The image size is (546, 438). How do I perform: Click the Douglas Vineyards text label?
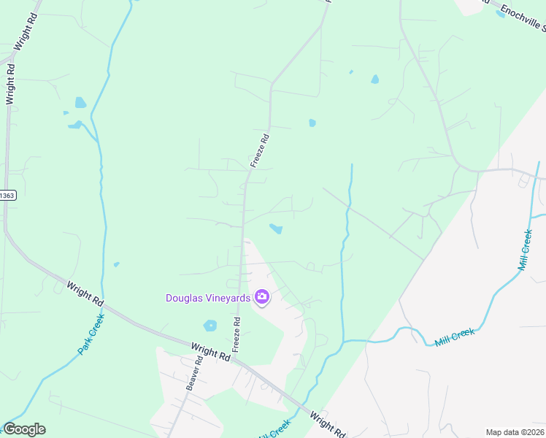208,298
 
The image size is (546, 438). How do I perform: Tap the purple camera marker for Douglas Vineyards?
261,296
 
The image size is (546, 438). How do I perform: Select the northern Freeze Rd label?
260,150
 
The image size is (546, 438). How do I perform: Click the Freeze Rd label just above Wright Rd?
237,334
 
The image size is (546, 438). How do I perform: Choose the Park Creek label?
91,334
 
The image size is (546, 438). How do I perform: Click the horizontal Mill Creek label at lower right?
454,337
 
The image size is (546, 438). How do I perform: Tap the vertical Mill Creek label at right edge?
525,250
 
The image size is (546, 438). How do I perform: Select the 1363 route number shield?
7,196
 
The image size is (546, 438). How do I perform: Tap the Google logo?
24,429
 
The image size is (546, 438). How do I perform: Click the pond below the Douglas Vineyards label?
211,326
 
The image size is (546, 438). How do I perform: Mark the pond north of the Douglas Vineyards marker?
276,229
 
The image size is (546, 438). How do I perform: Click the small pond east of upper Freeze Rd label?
312,123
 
